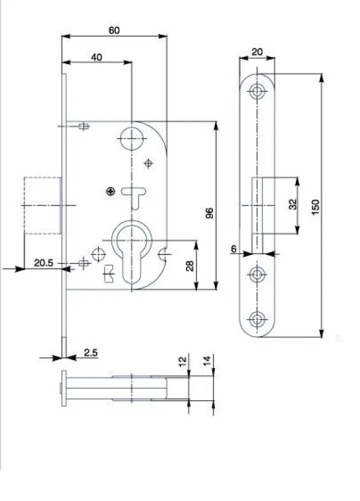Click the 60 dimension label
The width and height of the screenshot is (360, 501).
tap(114, 31)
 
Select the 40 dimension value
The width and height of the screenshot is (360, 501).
tap(97, 57)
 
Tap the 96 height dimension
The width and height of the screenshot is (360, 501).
tap(209, 213)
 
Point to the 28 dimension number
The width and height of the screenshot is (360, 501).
tap(190, 266)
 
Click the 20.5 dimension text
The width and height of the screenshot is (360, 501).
tap(44, 263)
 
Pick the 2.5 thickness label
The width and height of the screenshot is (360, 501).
tap(91, 353)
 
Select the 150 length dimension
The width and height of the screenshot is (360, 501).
tap(315, 207)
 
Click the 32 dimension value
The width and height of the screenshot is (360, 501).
tap(293, 204)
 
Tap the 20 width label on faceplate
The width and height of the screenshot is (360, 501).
tap(257, 52)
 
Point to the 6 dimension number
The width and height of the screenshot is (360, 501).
tap(234, 248)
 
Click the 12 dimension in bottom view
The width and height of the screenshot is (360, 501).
tap(182, 361)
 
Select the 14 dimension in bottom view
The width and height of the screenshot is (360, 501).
tap(208, 361)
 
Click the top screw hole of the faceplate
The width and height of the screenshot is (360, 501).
tap(257, 91)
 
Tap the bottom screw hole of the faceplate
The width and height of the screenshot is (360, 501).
tap(257, 319)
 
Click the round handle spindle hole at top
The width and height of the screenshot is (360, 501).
tap(131, 139)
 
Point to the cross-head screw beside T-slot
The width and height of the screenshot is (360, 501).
tap(110, 192)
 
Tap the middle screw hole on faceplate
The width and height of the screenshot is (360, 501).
tap(257, 274)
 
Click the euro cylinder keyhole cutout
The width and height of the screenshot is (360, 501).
tap(131, 253)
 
